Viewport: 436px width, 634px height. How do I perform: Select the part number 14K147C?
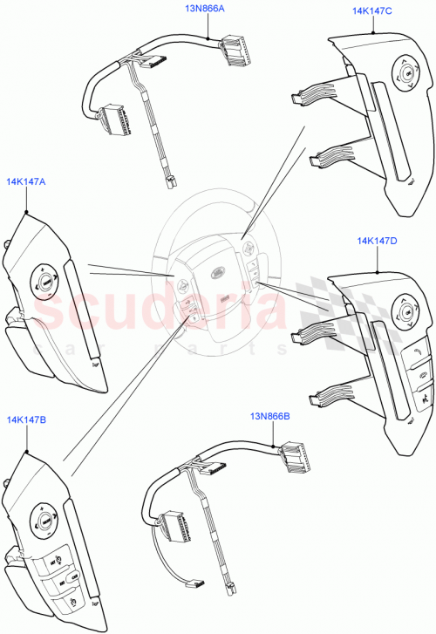(373, 10)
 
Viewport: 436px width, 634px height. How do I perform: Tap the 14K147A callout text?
(26, 182)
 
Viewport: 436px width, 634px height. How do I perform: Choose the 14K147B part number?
(26, 419)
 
